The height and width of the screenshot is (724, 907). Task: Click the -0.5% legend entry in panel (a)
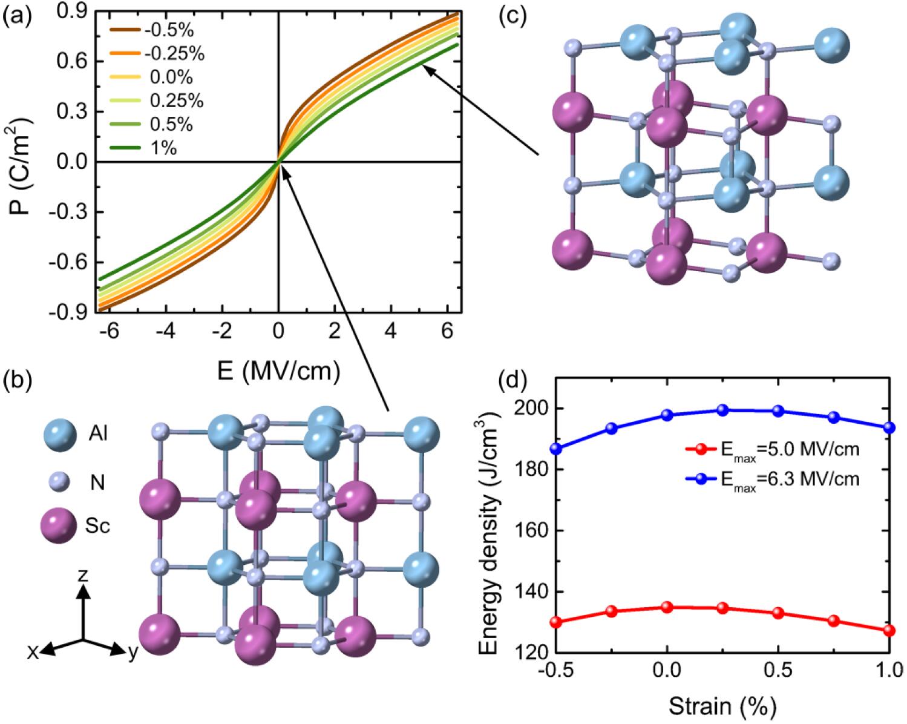point(166,30)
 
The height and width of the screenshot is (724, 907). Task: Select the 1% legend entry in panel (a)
point(161,148)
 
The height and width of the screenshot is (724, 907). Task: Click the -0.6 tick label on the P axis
point(72,263)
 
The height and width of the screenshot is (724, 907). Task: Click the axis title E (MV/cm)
point(278,370)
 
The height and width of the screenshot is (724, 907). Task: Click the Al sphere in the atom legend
point(60,434)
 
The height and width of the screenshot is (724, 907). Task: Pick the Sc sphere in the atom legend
point(60,525)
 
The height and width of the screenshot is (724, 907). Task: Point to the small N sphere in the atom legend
point(60,482)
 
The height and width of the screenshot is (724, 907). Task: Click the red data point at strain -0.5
point(556,622)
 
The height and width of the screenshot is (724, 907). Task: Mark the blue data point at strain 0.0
point(667,415)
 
